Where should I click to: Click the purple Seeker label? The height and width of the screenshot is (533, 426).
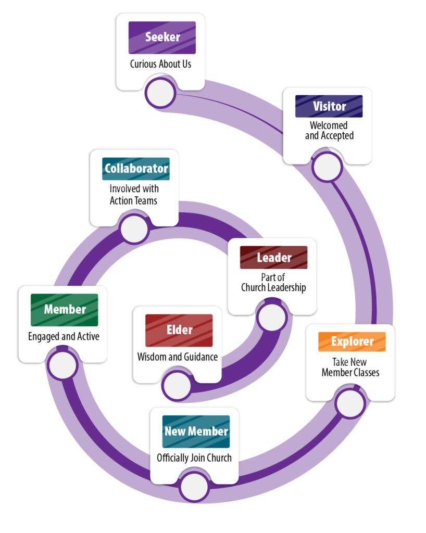click(162, 37)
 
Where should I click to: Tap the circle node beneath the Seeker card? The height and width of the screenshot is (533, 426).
click(160, 93)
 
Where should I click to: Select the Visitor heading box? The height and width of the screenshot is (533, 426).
click(329, 106)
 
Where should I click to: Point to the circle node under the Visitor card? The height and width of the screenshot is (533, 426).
click(327, 167)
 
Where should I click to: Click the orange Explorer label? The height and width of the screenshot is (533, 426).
click(352, 341)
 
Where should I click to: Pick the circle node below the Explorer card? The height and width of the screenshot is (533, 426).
click(350, 403)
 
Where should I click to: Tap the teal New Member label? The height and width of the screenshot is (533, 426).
click(196, 432)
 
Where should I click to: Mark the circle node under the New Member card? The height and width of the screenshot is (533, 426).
click(194, 487)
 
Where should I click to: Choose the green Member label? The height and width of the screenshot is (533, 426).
click(65, 310)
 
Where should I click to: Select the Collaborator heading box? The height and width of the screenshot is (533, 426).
click(136, 169)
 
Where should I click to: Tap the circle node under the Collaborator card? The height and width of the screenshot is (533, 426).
click(134, 229)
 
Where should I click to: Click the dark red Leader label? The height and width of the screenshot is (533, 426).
click(273, 258)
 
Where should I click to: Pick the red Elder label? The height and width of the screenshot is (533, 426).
click(179, 330)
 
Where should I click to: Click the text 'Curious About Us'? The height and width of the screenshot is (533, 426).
click(160, 65)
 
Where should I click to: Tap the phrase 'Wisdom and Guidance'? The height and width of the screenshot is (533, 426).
click(177, 357)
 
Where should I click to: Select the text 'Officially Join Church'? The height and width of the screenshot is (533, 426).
click(194, 458)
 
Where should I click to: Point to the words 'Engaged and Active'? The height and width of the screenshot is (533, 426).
click(64, 336)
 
